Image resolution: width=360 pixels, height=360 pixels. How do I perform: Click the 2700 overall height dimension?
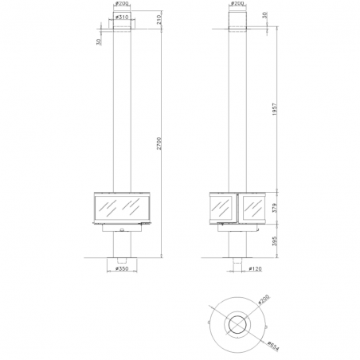(x=158, y=143)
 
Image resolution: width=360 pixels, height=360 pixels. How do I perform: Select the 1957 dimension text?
(x=275, y=109)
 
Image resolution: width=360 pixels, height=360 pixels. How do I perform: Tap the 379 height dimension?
(x=275, y=208)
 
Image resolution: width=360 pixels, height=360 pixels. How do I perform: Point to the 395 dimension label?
(x=275, y=241)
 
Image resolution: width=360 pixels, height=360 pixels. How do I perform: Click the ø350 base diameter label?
(x=122, y=268)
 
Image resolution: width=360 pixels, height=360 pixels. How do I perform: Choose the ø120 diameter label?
(x=256, y=268)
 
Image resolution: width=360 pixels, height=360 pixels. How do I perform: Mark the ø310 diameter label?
(x=123, y=17)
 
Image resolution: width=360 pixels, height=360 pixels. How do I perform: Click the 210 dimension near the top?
(x=158, y=19)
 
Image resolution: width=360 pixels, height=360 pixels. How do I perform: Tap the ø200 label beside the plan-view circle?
(x=264, y=299)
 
